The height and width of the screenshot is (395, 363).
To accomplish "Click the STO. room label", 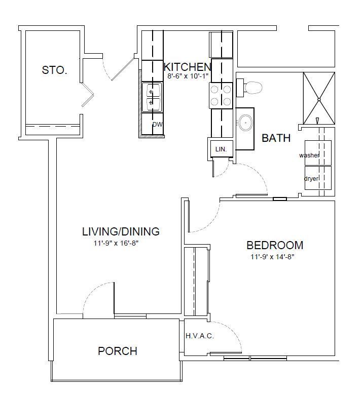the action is tap(54, 70).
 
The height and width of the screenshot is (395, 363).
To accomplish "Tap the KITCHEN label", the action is tap(188, 67).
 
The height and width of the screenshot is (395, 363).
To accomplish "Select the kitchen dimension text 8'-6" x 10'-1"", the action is tap(188, 76).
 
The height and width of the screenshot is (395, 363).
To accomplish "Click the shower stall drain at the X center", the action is tap(319, 99).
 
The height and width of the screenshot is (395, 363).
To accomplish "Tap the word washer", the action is tap(309, 155).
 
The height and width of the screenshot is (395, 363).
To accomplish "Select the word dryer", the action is tap(311, 179).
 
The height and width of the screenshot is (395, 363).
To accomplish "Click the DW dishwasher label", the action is tap(157, 124).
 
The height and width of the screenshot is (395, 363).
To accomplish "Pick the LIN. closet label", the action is tap(221, 149).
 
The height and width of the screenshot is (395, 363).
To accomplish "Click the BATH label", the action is tap(276, 138).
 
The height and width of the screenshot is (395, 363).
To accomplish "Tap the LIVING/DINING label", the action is tap(121, 231).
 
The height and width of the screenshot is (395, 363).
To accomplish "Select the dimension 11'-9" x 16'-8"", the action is tap(116, 244).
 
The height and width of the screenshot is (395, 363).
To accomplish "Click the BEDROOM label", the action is tap(275, 245).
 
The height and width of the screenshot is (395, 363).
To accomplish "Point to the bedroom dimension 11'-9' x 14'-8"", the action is tap(273, 257).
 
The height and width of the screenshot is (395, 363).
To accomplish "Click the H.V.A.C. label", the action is tap(200, 336).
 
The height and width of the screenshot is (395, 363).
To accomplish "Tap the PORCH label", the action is tap(118, 351).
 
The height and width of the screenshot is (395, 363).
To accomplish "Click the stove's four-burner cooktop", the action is tap(221, 96).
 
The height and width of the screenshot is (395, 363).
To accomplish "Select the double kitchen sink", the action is tap(152, 97).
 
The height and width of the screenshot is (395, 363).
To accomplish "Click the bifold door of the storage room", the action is tap(88, 95).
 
